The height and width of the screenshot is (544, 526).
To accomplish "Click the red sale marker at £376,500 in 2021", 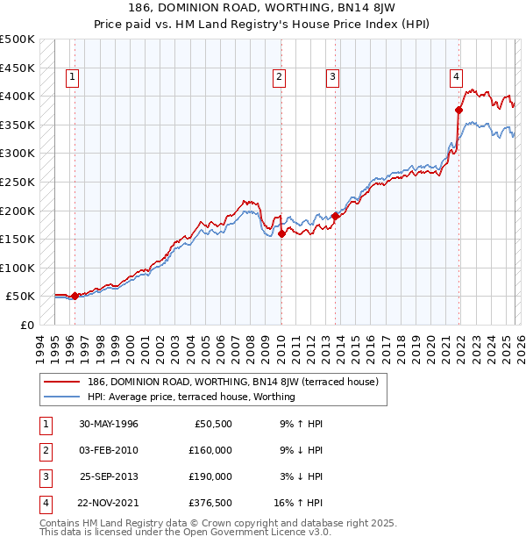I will [x=458, y=110].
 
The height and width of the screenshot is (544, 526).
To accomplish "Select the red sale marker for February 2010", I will [x=281, y=234].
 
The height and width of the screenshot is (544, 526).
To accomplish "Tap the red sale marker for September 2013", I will [x=335, y=216].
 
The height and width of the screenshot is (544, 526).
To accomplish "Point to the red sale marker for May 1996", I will [x=75, y=296].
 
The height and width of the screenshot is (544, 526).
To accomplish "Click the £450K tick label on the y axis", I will [x=18, y=68].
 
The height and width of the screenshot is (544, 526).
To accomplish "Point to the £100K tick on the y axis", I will [x=18, y=268].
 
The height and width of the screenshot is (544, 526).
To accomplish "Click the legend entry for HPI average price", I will [x=191, y=397].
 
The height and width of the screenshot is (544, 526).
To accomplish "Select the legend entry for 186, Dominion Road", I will [x=232, y=382].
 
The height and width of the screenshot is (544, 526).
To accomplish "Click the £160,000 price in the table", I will [x=210, y=450].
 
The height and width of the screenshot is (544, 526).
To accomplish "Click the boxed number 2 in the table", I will [x=46, y=450].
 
